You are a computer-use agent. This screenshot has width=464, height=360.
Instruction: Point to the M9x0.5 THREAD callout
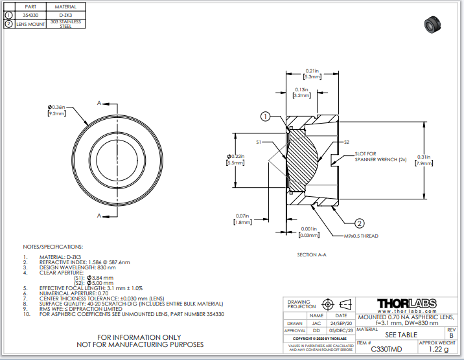coord(360,236)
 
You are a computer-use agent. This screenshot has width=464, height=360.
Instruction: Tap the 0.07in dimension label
coord(242,216)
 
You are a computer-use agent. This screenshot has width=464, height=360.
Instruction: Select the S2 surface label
coord(347,141)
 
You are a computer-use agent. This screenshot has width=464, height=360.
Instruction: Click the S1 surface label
coord(259,141)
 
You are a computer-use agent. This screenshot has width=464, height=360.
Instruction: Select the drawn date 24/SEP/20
coord(340,322)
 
